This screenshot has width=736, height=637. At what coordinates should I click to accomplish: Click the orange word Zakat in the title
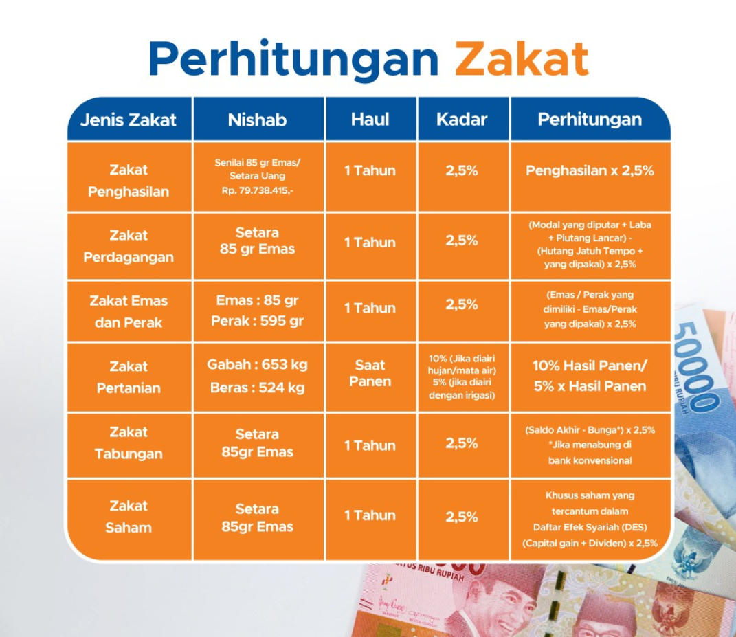522,58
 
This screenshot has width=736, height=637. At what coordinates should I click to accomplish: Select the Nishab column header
257,120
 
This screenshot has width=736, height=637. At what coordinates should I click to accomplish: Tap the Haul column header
370,120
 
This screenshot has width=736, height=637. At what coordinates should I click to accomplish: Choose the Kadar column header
462,120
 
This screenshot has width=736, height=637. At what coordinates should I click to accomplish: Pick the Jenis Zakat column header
128,120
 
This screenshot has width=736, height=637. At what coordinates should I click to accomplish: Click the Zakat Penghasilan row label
129,181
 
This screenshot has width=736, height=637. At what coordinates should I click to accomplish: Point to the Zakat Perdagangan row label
129,247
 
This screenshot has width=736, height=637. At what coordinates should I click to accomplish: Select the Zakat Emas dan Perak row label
129,312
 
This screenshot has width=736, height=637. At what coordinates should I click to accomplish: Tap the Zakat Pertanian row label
129,377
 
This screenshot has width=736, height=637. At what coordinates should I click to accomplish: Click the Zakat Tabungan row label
129,443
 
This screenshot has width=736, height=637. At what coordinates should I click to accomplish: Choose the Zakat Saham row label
129,517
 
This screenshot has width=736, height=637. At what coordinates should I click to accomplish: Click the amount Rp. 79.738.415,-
257,190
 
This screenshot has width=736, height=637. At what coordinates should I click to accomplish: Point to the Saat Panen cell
370,373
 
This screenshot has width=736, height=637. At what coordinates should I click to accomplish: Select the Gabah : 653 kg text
257,365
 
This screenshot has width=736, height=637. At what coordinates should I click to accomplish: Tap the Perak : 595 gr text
257,321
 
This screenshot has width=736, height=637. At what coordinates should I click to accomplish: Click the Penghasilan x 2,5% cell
590,171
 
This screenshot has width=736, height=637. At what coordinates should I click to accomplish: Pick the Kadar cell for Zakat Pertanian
462,377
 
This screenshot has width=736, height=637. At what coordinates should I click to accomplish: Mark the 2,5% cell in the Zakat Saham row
462,517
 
